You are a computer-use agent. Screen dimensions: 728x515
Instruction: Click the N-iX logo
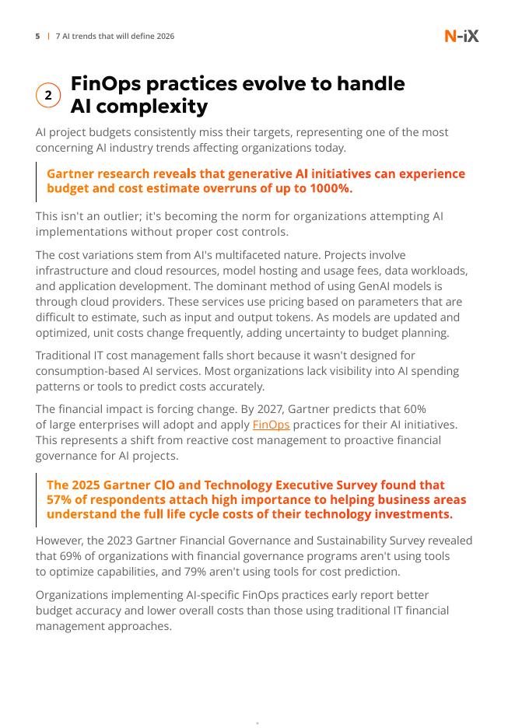[x=461, y=36]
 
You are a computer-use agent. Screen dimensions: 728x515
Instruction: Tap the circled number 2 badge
[x=48, y=95]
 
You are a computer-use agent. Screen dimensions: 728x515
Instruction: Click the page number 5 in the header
[x=37, y=37]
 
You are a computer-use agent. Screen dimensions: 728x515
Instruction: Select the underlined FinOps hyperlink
[x=271, y=425]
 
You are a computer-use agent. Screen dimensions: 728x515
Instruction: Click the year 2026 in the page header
[x=164, y=37]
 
